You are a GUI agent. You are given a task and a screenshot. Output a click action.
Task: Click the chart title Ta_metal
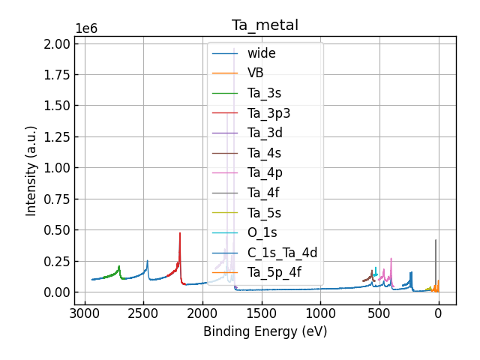pyautogui.click(x=265, y=25)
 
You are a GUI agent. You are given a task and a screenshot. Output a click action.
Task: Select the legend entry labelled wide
pyautogui.click(x=261, y=53)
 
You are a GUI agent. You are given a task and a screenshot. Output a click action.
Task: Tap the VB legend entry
pyautogui.click(x=255, y=73)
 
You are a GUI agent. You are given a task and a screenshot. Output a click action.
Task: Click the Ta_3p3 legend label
pyautogui.click(x=268, y=113)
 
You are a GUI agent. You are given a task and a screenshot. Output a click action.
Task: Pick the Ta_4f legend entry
pyautogui.click(x=264, y=193)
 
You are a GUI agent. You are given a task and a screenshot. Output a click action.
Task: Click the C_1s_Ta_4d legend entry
pyautogui.click(x=282, y=253)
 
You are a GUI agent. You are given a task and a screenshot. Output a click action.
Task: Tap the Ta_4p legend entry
pyautogui.click(x=265, y=172)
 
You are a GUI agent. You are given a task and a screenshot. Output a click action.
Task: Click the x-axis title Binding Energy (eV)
pyautogui.click(x=265, y=331)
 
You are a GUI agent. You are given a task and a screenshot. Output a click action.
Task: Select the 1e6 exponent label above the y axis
pyautogui.click(x=85, y=28)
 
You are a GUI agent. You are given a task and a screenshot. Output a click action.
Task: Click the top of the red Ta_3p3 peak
pyautogui.click(x=180, y=232)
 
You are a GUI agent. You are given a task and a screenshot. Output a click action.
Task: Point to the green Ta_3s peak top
pyautogui.click(x=119, y=265)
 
